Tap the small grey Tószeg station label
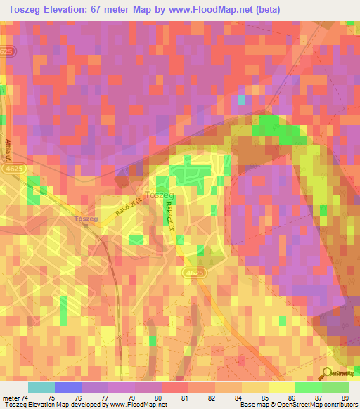click(85, 219)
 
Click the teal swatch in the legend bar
click(41, 388)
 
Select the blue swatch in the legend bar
click(68, 388)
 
